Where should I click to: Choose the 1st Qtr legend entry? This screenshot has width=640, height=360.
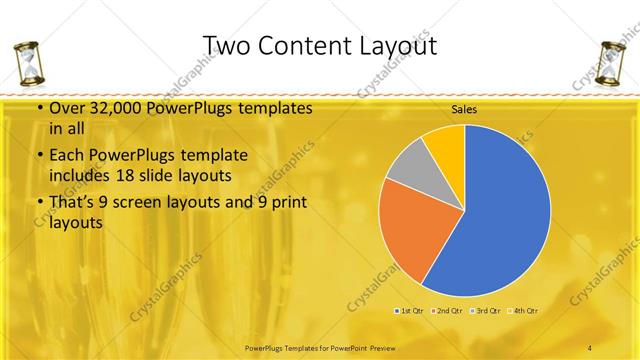coord(412,311)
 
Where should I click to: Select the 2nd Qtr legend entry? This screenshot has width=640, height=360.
coord(449,311)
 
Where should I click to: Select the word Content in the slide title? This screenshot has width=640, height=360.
coord(305,46)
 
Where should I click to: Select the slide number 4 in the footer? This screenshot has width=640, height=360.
coord(590,346)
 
